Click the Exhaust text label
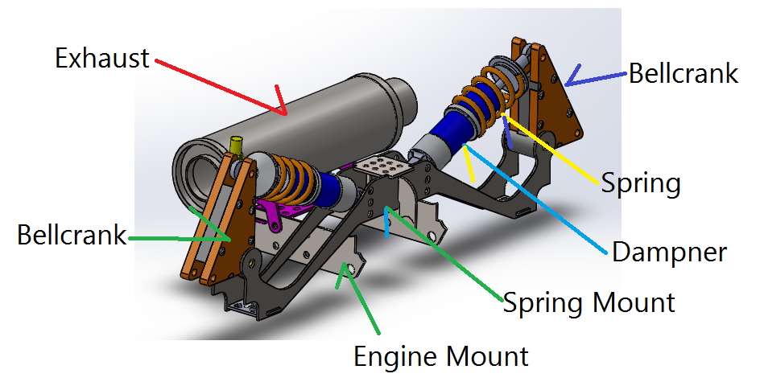pyautogui.click(x=102, y=58)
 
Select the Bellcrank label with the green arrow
pyautogui.click(x=72, y=236)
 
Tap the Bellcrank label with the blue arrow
pyautogui.click(x=683, y=74)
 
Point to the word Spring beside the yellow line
pyautogui.click(x=641, y=183)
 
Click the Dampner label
pyautogui.click(x=669, y=252)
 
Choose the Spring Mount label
pyautogui.click(x=589, y=302)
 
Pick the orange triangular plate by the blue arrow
pyautogui.click(x=556, y=96)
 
